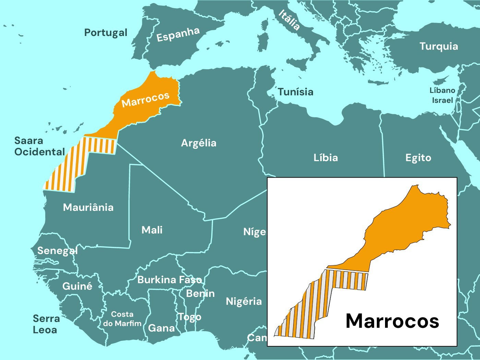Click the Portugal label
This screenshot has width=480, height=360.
(106, 33)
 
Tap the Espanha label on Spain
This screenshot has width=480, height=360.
(178, 34)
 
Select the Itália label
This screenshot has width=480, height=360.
(289, 20)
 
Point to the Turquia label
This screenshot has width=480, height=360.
(439, 46)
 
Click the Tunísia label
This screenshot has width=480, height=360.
(296, 92)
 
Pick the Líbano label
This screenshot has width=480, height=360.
(442, 91)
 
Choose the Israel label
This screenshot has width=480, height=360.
(442, 100)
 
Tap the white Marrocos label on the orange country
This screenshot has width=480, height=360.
(145, 99)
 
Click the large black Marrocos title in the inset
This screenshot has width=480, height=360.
(392, 321)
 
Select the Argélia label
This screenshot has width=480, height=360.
(199, 143)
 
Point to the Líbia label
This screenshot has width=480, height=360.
(325, 158)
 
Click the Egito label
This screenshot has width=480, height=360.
(418, 158)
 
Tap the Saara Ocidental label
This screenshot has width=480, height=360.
(39, 146)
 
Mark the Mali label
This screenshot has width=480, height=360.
(152, 230)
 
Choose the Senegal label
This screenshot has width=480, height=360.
(57, 251)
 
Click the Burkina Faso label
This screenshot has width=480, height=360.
(169, 280)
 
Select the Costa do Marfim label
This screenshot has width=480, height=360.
(122, 319)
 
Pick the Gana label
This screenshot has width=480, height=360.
(161, 328)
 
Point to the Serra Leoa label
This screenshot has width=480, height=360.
(46, 324)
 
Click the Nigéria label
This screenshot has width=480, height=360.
(243, 302)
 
